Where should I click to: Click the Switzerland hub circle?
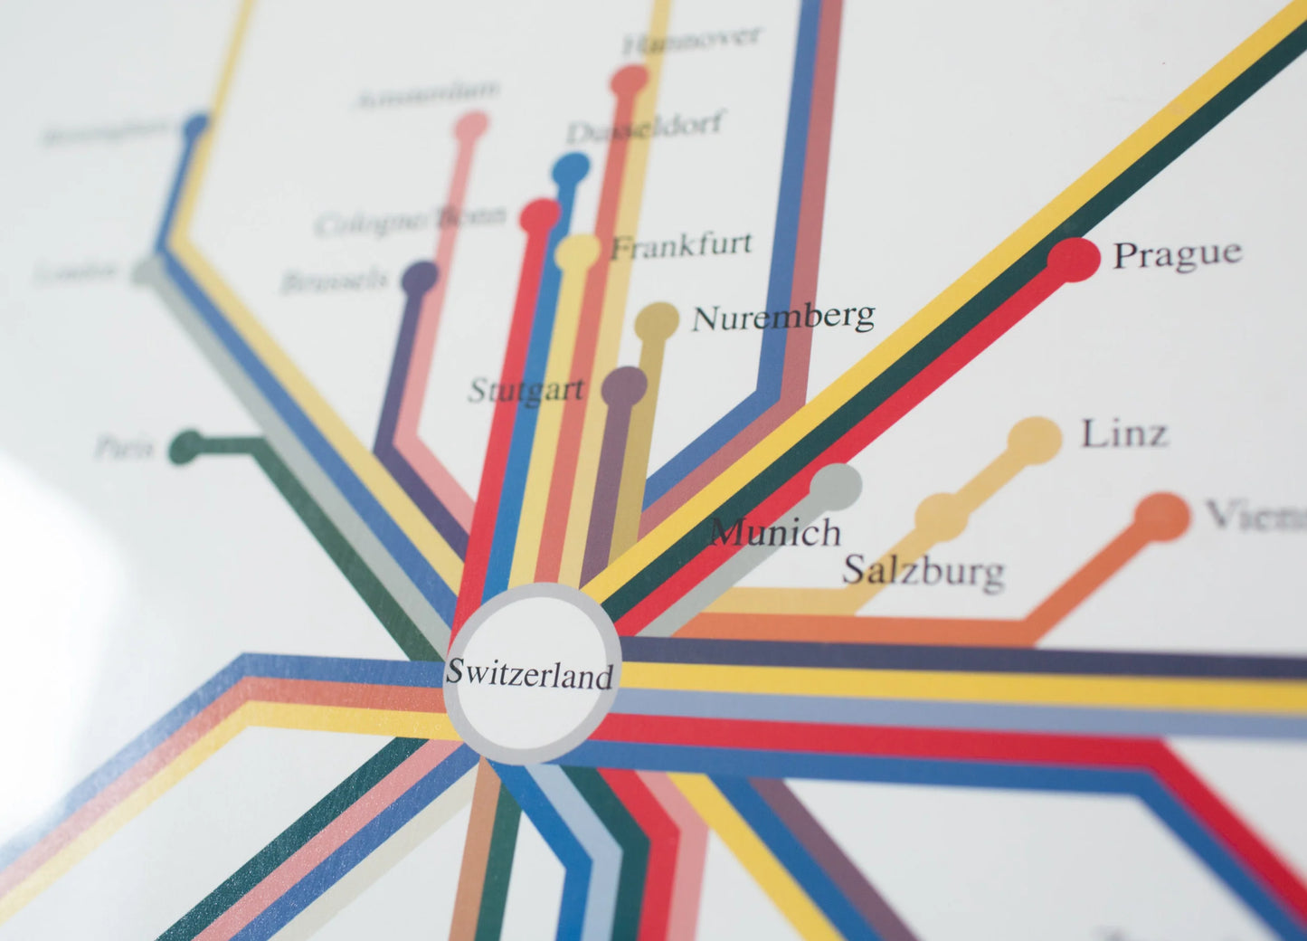(532, 673)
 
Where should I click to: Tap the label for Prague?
(1177, 254)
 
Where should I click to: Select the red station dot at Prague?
(1075, 259)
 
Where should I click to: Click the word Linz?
(1124, 433)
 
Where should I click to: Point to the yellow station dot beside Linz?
(1034, 440)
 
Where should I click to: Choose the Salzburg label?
(923, 571)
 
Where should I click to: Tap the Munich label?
(776, 531)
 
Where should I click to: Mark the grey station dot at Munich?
(835, 484)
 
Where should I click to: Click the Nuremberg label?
(783, 317)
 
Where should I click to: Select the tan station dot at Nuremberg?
(658, 321)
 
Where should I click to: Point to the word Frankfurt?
(682, 244)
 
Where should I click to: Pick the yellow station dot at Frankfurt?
(578, 252)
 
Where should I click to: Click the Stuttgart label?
(526, 390)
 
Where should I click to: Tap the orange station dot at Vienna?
(1162, 517)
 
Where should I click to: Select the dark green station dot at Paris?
(188, 447)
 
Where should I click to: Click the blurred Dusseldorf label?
(644, 128)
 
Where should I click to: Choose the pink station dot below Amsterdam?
(471, 126)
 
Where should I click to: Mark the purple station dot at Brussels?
(419, 277)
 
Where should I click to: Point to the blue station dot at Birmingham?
(196, 127)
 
